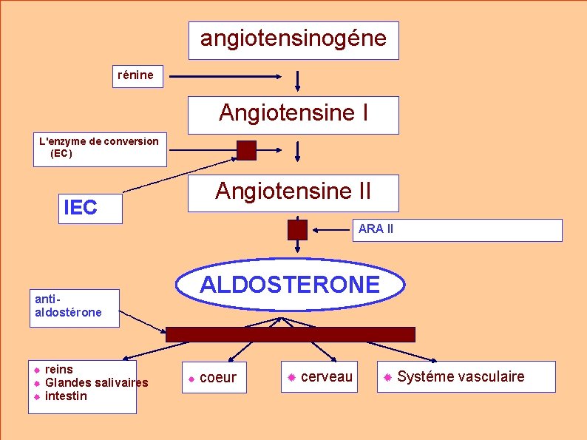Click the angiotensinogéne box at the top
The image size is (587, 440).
pos(293,40)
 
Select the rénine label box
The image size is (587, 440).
pos(138,75)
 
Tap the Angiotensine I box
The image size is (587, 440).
pos(293,115)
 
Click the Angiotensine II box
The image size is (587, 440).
pos(293,193)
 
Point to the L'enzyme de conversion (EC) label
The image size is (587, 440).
pos(99,148)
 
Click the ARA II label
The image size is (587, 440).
pos(376,229)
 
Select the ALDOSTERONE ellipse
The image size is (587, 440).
pos(291,285)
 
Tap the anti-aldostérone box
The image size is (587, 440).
pos(73,307)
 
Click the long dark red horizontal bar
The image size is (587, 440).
pos(291,334)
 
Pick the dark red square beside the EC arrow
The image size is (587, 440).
pos(246,150)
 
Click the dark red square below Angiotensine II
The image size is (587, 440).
pos(297,230)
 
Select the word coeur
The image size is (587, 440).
pos(218,378)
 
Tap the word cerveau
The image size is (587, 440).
pos(327,377)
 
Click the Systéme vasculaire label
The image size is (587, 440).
pos(461,377)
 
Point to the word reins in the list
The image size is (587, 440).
pos(59,369)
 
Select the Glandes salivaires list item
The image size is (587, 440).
pos(96,382)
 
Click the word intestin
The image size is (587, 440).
pos(66,396)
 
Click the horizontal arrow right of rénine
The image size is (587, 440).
pos(226,75)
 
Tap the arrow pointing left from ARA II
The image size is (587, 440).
pos(331,230)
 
